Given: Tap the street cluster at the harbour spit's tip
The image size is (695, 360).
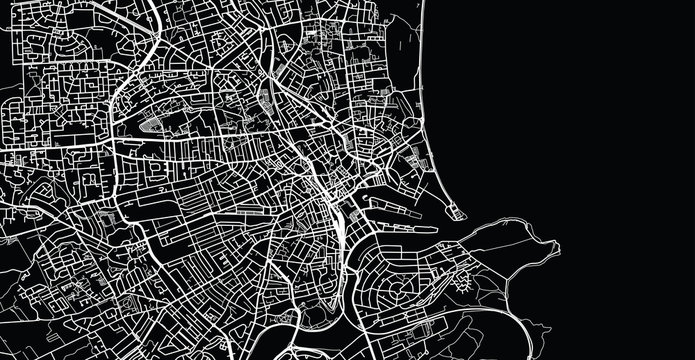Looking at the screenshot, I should [457, 211].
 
